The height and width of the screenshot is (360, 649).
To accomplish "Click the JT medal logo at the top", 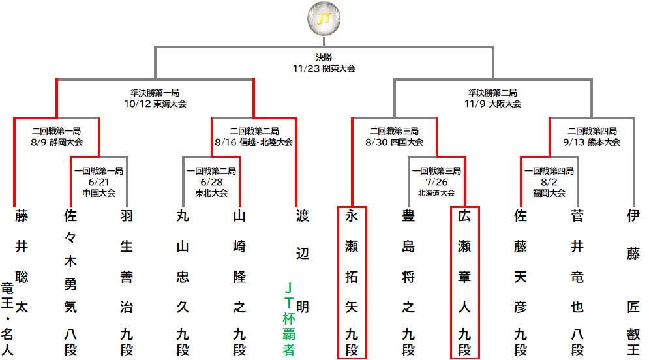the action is [x=324, y=19].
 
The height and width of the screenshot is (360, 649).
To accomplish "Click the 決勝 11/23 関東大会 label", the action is [x=324, y=63].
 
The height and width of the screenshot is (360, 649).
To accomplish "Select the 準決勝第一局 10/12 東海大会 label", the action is [x=155, y=98].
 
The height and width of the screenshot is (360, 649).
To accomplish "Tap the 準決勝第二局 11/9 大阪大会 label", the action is [x=492, y=98].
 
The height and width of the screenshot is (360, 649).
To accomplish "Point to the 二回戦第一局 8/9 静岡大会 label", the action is [x=57, y=136].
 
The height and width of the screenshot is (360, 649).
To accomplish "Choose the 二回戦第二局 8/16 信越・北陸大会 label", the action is [x=254, y=136].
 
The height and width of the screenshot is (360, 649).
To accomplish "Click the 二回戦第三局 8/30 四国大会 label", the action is [x=394, y=136].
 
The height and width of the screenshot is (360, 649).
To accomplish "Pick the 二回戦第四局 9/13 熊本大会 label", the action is [x=592, y=136].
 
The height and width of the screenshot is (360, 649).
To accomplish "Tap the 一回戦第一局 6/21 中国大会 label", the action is [x=99, y=182].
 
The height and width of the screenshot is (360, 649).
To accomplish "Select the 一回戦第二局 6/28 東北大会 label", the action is [x=211, y=182].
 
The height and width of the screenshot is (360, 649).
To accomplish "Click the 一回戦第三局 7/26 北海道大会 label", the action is [x=436, y=182].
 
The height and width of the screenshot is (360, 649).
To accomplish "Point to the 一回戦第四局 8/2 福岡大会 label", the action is [x=549, y=182].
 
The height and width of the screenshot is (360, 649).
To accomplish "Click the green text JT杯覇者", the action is [x=289, y=319].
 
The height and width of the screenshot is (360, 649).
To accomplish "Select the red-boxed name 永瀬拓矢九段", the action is [x=352, y=282].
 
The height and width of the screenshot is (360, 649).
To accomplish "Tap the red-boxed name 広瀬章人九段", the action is [x=464, y=282].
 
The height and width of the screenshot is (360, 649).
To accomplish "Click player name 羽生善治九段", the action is [x=127, y=283].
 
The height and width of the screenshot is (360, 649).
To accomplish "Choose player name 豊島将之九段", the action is [x=408, y=283].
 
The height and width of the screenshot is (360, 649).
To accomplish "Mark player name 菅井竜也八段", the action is [x=577, y=283].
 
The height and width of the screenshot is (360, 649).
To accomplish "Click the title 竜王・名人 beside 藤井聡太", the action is [x=7, y=319].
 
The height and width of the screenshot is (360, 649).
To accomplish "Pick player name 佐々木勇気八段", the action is [x=70, y=283].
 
